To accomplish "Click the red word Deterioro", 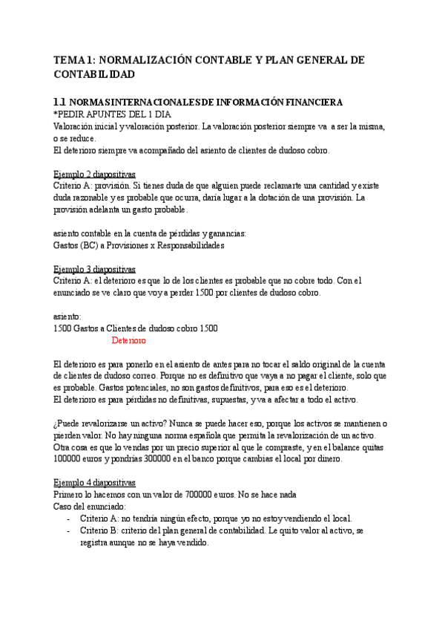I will (128, 340).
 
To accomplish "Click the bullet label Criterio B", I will (99, 531).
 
